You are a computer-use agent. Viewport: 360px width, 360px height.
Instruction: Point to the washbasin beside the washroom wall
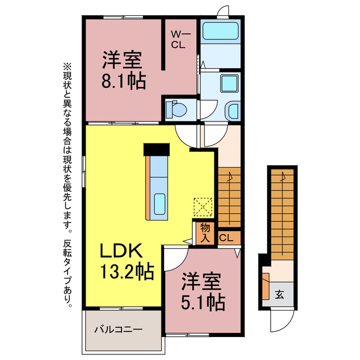tap(232, 110)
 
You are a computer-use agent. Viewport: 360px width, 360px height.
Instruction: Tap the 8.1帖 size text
tap(123, 82)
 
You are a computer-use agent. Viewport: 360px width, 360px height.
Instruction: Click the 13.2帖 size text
tap(127, 273)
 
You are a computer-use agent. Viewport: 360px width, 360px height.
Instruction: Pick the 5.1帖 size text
tap(202, 303)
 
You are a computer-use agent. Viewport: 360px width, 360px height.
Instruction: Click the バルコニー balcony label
tap(118, 328)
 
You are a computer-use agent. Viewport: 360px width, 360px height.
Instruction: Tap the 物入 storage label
tap(205, 232)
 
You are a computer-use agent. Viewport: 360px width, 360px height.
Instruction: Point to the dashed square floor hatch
tap(203, 206)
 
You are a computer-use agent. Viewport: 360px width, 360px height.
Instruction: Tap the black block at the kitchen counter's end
tap(156, 149)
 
